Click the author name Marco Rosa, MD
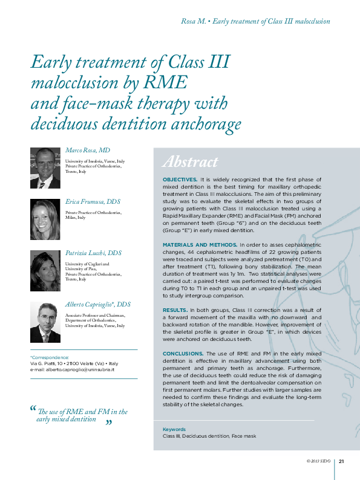coord(87,150)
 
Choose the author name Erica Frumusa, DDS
coord(93,202)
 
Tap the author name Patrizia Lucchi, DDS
coord(93,253)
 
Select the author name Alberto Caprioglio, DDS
coord(97,305)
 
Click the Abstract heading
coord(190,162)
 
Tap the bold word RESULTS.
coord(175,309)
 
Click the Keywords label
coord(174,429)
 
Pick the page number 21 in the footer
coord(341,461)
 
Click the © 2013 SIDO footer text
coord(319,461)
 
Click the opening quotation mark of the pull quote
coord(33,409)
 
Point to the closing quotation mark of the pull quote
coord(109,423)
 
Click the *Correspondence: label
coord(50,357)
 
